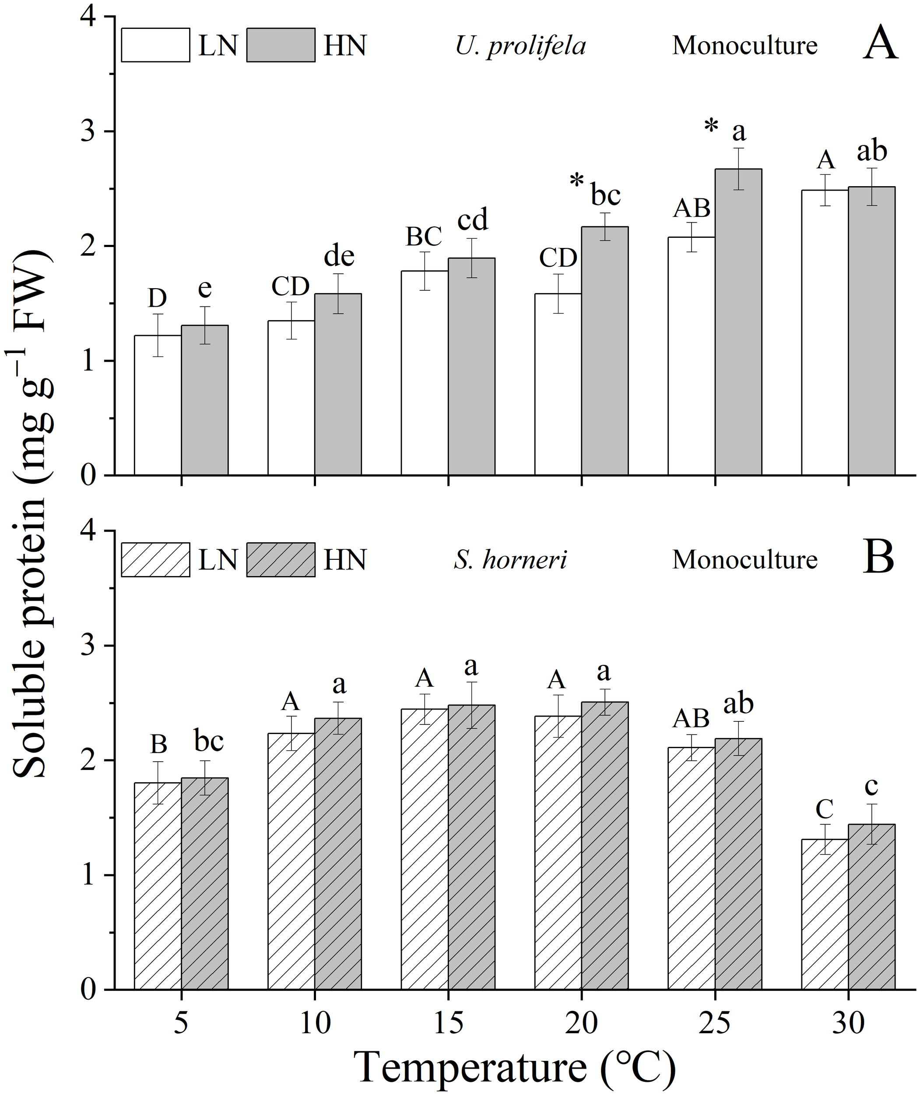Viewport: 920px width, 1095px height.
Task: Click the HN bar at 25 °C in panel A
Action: pos(738,324)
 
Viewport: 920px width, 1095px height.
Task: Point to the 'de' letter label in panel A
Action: pos(339,256)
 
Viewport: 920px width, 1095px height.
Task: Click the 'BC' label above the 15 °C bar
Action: pos(424,237)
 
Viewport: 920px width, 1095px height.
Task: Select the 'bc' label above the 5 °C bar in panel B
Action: pos(209,741)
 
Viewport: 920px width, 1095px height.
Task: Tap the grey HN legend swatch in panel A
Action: pos(281,46)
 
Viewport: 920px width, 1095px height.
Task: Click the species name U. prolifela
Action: pos(520,46)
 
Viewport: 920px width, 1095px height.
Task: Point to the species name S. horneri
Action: pos(509,560)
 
